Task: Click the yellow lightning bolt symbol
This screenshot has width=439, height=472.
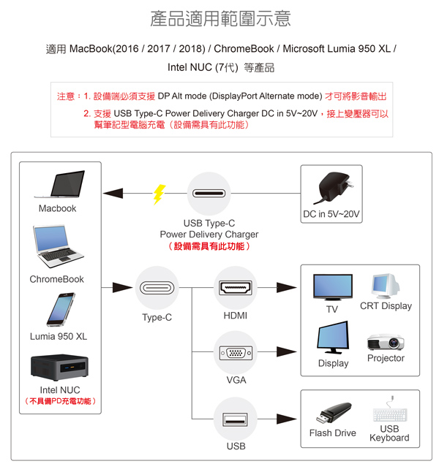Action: tap(159, 194)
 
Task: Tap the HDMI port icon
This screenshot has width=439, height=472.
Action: tap(236, 288)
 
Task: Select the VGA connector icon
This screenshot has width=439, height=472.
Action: tap(236, 353)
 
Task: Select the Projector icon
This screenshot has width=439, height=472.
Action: tap(385, 341)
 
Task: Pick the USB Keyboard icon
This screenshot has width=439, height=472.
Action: tap(389, 411)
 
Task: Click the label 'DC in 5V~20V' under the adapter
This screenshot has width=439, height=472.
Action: tap(331, 215)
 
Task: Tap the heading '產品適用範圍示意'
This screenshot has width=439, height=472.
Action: tap(219, 19)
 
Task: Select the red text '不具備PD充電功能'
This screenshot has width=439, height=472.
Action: tap(60, 401)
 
